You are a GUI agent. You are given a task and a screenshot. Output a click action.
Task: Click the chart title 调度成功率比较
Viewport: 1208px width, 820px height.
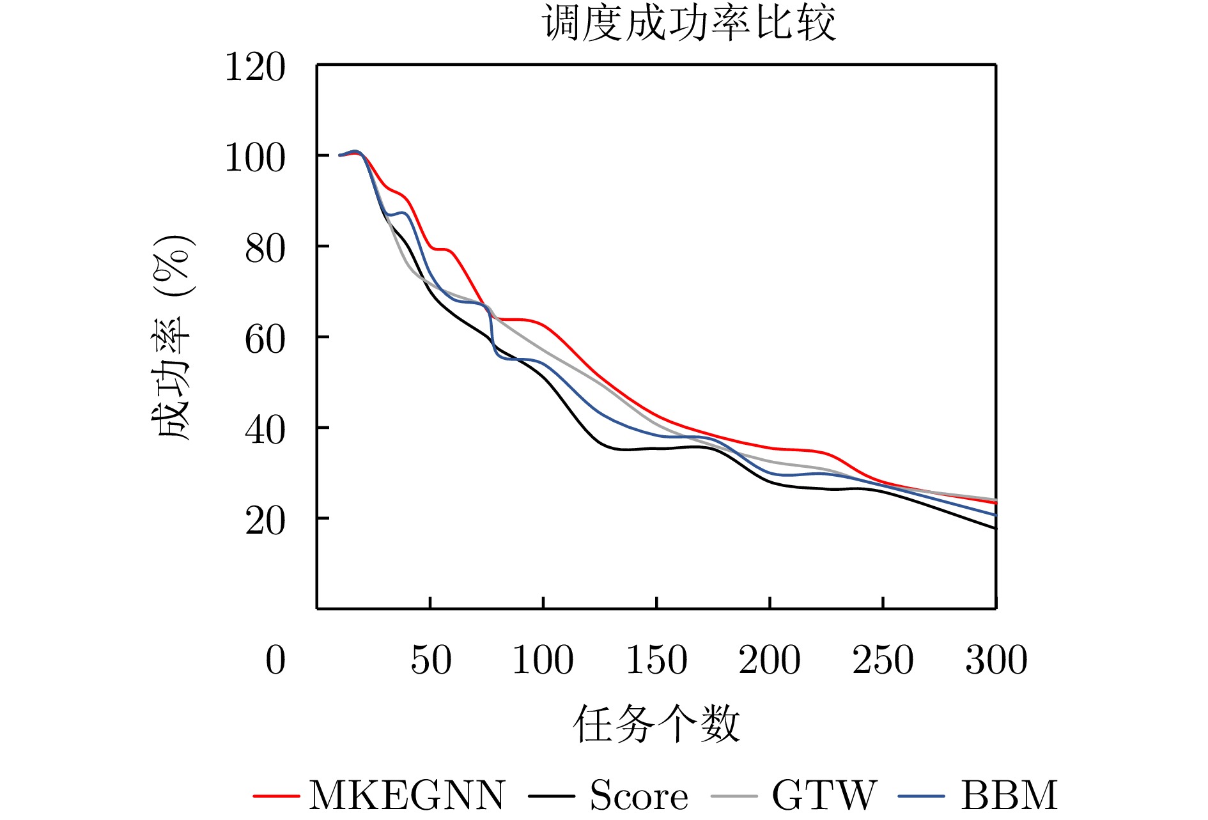point(689,23)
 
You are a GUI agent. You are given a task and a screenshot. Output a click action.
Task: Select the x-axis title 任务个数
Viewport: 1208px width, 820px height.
point(656,724)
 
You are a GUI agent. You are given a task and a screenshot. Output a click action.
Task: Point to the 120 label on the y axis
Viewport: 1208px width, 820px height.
point(255,67)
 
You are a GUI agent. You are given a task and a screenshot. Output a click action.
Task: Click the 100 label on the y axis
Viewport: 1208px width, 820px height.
point(255,158)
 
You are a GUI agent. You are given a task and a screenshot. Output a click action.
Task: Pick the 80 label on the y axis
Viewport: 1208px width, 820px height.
point(265,249)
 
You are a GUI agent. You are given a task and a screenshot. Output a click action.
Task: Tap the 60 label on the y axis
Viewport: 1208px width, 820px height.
point(265,339)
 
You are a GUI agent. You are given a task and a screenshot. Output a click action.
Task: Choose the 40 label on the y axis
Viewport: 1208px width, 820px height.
point(265,430)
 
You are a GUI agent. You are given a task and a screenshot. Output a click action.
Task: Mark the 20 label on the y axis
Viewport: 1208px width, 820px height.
point(265,521)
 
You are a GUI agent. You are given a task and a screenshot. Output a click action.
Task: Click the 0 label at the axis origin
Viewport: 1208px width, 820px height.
point(275,660)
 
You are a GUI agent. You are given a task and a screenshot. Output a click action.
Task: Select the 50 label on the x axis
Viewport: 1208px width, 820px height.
point(431,660)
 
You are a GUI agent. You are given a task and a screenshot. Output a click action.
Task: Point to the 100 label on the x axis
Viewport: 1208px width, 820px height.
point(543,660)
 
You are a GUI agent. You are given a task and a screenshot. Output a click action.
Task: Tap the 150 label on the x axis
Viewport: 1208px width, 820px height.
point(656,660)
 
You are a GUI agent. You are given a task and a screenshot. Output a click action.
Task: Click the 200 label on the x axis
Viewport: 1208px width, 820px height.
point(770,660)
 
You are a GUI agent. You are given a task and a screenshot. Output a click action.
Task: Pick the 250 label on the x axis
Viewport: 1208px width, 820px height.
point(883,660)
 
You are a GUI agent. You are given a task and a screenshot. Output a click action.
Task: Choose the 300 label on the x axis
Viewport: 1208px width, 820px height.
point(996,660)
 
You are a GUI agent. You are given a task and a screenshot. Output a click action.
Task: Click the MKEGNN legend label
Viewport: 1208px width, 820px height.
point(407,796)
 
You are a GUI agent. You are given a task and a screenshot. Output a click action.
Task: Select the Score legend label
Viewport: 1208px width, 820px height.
point(639,796)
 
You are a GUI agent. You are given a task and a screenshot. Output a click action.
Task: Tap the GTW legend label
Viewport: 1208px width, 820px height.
point(825,796)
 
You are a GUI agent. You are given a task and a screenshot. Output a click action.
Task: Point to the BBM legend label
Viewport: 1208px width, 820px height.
point(1009,796)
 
